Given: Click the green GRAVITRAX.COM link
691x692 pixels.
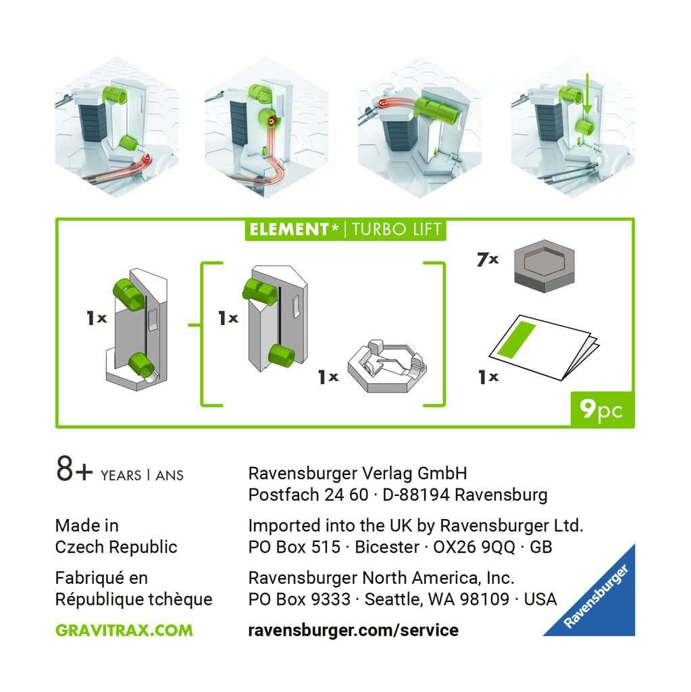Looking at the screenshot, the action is point(124,630).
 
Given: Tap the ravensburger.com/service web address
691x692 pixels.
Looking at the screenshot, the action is point(353,630).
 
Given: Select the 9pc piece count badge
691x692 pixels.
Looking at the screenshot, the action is point(602,410).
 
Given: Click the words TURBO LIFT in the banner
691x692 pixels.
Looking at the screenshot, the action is point(396,230).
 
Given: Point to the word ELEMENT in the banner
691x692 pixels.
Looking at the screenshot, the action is point(290,230).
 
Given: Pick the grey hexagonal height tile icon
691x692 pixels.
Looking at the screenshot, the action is point(544,266).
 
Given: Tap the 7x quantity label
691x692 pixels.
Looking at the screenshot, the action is point(488,259).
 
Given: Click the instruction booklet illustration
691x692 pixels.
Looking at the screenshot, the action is point(544,347).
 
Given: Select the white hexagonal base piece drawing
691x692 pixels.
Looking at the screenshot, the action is point(387,366).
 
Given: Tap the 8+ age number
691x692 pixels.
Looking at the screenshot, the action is point(74,469).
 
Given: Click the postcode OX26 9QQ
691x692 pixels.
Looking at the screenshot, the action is point(474,547).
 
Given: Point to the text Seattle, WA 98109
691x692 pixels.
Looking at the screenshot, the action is point(437,599).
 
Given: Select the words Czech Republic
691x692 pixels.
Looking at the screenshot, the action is point(116,547).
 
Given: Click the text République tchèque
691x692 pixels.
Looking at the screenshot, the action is point(134,599).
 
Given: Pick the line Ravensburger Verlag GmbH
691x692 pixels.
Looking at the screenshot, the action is point(357,473).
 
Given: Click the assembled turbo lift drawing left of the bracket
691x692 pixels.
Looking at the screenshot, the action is point(137,329).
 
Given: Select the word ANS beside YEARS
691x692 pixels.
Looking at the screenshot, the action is point(170,475).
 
